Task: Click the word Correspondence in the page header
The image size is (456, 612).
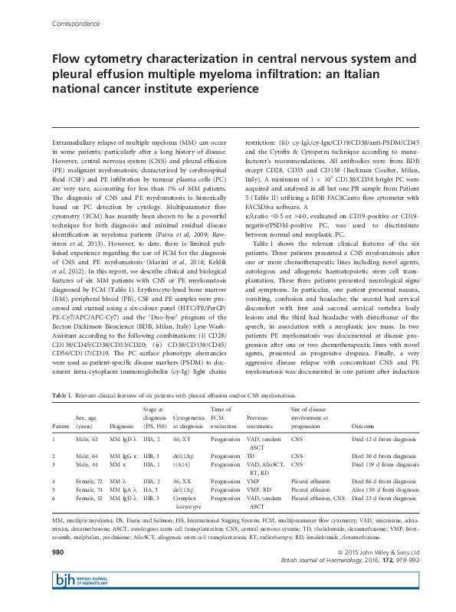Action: pos(75,24)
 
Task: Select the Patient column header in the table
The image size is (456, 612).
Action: pos(60,424)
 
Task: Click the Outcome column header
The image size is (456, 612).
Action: pos(363,424)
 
